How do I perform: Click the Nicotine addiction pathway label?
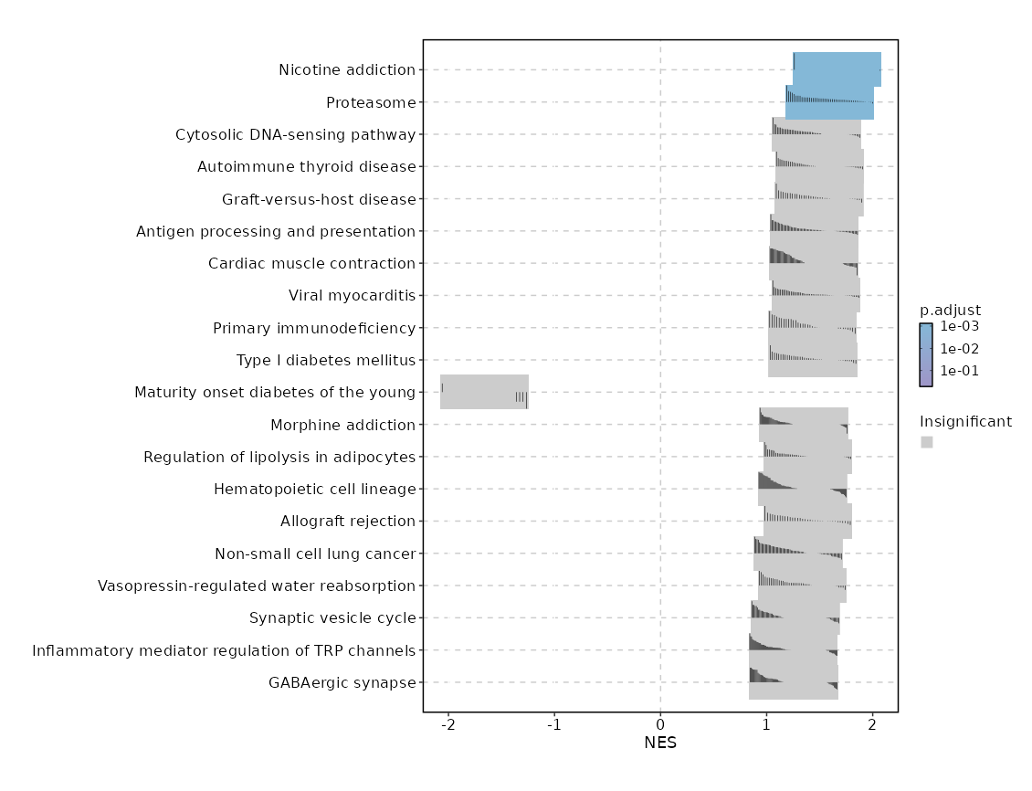[x=347, y=70]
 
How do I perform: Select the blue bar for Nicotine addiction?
[x=837, y=69]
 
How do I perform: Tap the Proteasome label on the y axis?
[x=371, y=102]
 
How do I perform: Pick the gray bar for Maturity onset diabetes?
[x=484, y=392]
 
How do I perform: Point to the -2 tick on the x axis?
[x=448, y=724]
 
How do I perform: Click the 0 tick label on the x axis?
[x=660, y=724]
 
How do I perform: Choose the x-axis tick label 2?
[x=873, y=724]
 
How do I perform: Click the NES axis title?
[x=660, y=744]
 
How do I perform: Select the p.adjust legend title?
[x=950, y=310]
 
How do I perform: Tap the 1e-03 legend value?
[x=960, y=326]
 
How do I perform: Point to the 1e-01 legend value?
[x=960, y=371]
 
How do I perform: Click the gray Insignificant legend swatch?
[x=927, y=442]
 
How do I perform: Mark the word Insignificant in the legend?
[x=965, y=422]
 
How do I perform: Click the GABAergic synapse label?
[x=342, y=682]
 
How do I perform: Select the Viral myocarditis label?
[x=352, y=295]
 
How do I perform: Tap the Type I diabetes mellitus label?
[x=326, y=360]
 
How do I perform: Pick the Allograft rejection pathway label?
[x=348, y=521]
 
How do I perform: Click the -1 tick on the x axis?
[x=554, y=724]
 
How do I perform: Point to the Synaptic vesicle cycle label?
[x=332, y=617]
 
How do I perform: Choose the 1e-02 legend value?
[x=960, y=349]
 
